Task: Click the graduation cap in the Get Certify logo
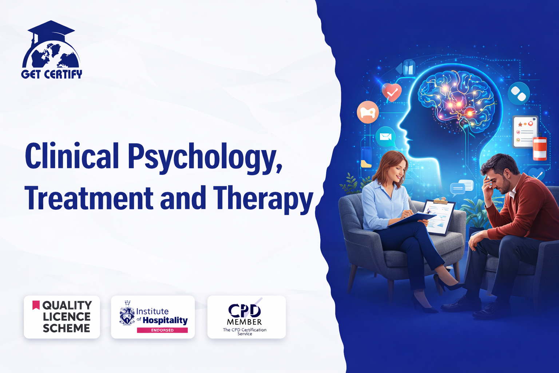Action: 51,30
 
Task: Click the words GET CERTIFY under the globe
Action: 52,74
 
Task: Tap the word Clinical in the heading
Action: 72,155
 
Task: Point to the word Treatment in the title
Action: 89,198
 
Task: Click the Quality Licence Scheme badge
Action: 62,317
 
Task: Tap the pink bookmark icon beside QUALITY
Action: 36,305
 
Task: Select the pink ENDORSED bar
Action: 162,330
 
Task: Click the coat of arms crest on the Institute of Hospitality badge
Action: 127,313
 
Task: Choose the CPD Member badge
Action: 246,317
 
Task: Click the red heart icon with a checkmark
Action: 392,92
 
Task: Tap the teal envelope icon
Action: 385,137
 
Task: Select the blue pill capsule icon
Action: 519,93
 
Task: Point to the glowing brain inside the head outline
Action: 456,99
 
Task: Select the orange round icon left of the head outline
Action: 368,112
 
